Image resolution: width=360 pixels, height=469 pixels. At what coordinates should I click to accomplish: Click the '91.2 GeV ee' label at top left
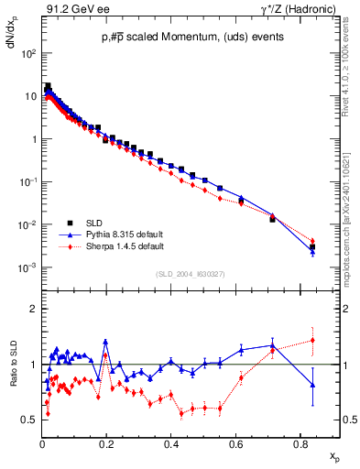coord(72,10)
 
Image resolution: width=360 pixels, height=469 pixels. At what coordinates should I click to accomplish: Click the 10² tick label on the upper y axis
coord(28,54)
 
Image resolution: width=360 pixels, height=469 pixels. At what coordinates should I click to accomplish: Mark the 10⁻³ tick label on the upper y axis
coord(28,267)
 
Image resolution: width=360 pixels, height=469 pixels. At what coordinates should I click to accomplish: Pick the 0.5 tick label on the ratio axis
coord(29,420)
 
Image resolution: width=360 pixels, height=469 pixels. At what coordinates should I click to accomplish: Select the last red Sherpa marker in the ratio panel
coord(312,341)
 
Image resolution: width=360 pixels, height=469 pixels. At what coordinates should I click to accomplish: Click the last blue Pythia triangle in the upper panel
coord(312,252)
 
